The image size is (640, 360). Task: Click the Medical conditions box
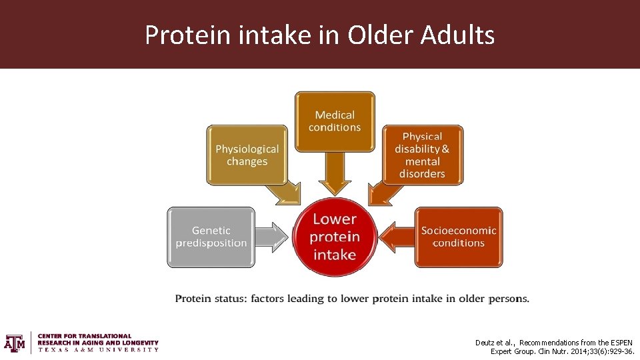pyautogui.click(x=335, y=121)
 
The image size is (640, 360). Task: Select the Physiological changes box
pyautogui.click(x=247, y=155)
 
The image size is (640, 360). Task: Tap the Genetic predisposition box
pyautogui.click(x=211, y=237)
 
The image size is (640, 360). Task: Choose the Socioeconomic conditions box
pyautogui.click(x=458, y=237)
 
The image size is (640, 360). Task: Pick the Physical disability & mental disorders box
pyautogui.click(x=422, y=155)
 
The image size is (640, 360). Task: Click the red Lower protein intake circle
pyautogui.click(x=335, y=237)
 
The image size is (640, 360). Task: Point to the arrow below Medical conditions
pyautogui.click(x=335, y=175)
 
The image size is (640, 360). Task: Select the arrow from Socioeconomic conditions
pyautogui.click(x=396, y=237)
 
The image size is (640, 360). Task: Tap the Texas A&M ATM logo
pyautogui.click(x=14, y=343)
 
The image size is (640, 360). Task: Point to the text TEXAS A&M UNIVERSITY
pyautogui.click(x=98, y=349)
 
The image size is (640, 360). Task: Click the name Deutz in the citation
pyautogui.click(x=485, y=343)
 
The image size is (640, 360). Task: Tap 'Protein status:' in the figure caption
pyautogui.click(x=211, y=299)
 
